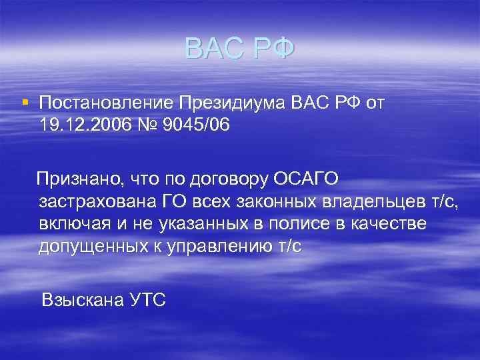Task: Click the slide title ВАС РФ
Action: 239,49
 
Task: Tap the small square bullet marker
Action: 25,102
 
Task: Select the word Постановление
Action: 106,103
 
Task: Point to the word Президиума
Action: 233,103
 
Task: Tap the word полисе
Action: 289,224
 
